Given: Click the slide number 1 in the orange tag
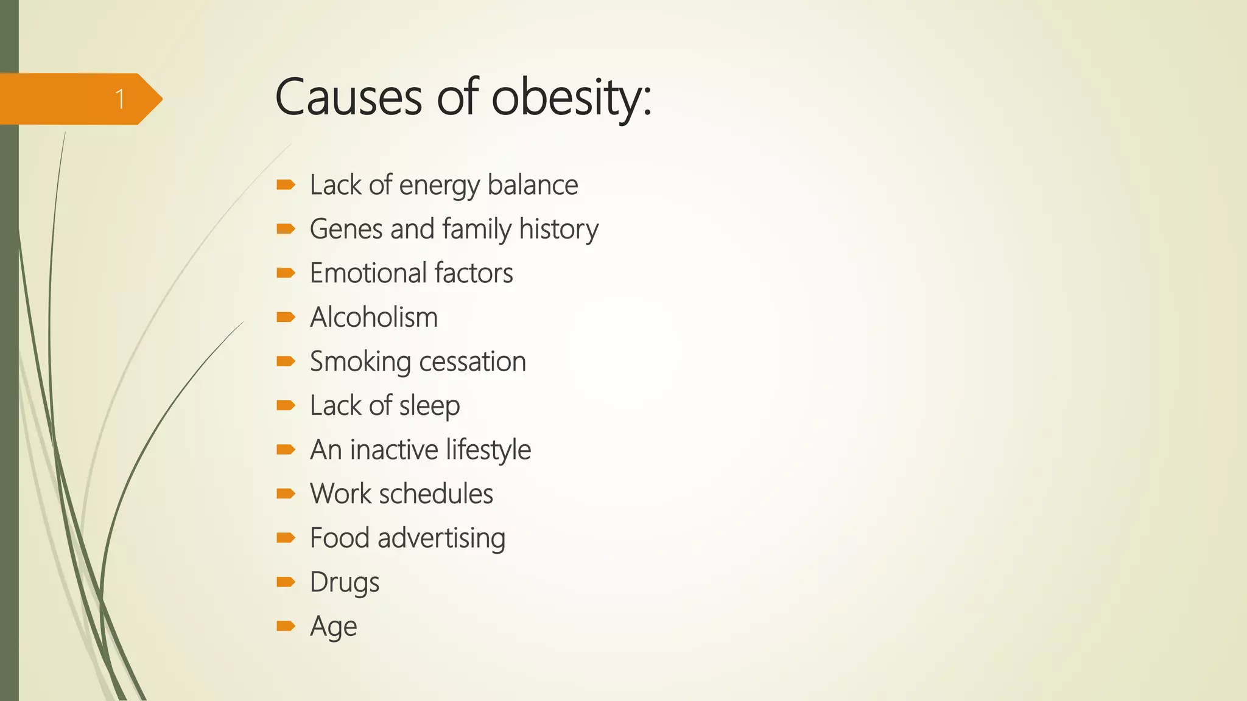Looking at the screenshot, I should (120, 99).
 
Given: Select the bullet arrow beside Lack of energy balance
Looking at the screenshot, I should (286, 184).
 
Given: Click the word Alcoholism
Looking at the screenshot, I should (373, 318).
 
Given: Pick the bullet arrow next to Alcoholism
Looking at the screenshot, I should (286, 317).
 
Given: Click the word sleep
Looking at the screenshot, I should (429, 406).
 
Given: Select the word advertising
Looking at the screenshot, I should (441, 539).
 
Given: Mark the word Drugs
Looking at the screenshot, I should (344, 582).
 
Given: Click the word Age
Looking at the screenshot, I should (333, 627).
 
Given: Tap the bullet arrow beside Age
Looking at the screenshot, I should (286, 626).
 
